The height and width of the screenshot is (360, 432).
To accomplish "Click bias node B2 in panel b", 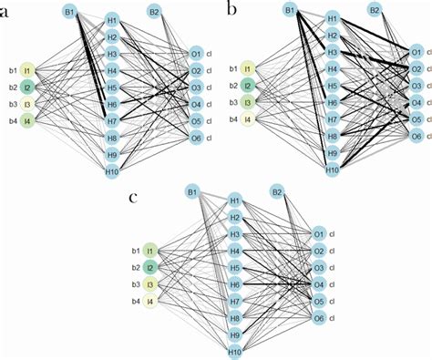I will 375,10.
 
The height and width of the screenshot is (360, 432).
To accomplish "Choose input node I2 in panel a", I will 27,87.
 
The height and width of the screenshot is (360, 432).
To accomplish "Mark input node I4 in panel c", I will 151,302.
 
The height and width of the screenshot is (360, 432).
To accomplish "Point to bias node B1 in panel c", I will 192,191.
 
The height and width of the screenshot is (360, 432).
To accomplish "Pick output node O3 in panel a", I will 195,87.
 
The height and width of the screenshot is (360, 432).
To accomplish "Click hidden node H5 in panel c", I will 235,268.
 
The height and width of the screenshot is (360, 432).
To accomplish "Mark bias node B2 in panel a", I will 155,12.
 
